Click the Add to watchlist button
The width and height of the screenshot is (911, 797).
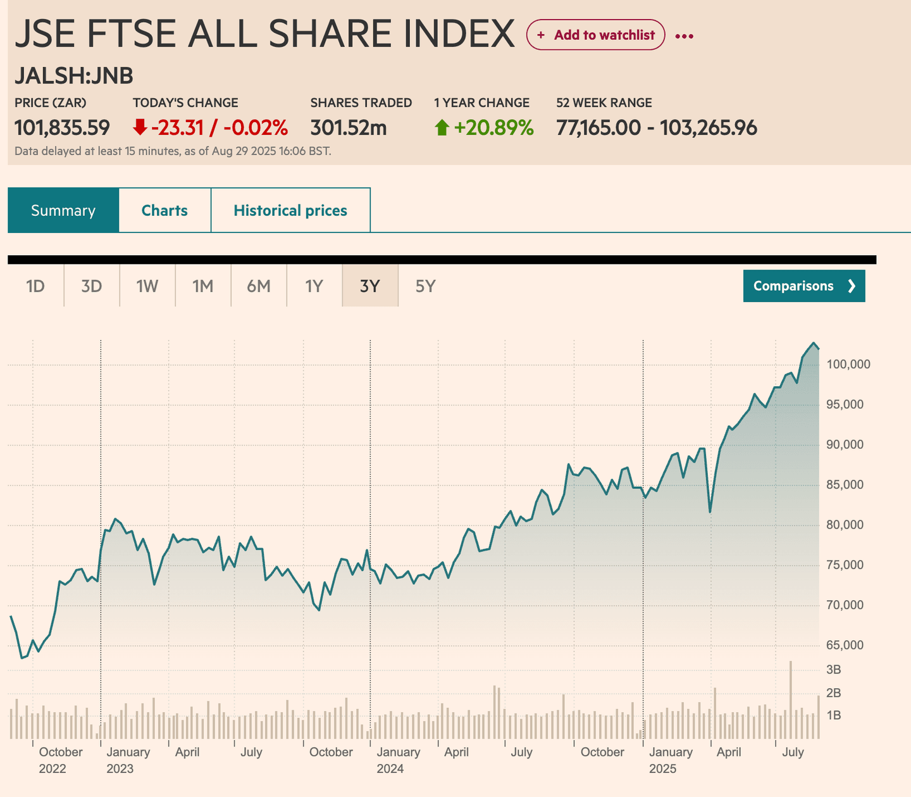click(x=595, y=35)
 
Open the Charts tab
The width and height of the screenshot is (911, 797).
click(x=164, y=210)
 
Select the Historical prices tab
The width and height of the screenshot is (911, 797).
click(x=290, y=210)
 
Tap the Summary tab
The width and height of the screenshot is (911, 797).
click(x=63, y=210)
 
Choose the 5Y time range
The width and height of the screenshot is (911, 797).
click(x=425, y=286)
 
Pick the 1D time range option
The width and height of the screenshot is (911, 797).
click(x=35, y=286)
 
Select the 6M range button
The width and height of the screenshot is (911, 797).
click(x=258, y=286)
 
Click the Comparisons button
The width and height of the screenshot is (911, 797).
click(x=803, y=286)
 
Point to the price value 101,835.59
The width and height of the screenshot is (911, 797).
click(x=62, y=128)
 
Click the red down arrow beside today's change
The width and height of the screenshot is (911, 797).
click(x=140, y=128)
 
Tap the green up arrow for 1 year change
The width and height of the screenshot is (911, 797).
click(x=442, y=129)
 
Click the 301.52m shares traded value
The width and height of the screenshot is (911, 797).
click(x=348, y=128)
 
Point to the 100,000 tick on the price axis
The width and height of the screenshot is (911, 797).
click(x=848, y=365)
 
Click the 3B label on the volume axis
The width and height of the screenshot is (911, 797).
click(x=833, y=669)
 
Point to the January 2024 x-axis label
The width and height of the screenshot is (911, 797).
click(x=398, y=760)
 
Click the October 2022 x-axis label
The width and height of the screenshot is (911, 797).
click(x=61, y=760)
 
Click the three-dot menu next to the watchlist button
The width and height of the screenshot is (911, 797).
click(x=684, y=36)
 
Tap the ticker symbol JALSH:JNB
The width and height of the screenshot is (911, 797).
click(x=74, y=76)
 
